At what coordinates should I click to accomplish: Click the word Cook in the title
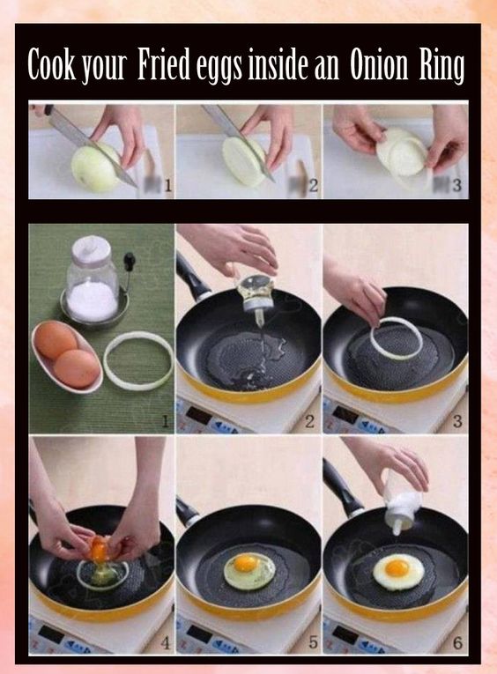click(51, 64)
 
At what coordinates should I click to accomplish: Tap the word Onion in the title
click(379, 65)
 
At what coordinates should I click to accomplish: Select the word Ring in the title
click(442, 67)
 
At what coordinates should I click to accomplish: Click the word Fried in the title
click(164, 64)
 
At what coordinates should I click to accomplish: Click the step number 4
click(165, 642)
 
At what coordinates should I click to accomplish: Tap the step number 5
click(313, 642)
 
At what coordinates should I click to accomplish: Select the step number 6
click(458, 642)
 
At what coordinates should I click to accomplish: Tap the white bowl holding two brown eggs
click(68, 356)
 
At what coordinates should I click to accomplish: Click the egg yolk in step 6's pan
click(397, 567)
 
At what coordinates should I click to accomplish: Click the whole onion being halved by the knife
click(95, 167)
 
